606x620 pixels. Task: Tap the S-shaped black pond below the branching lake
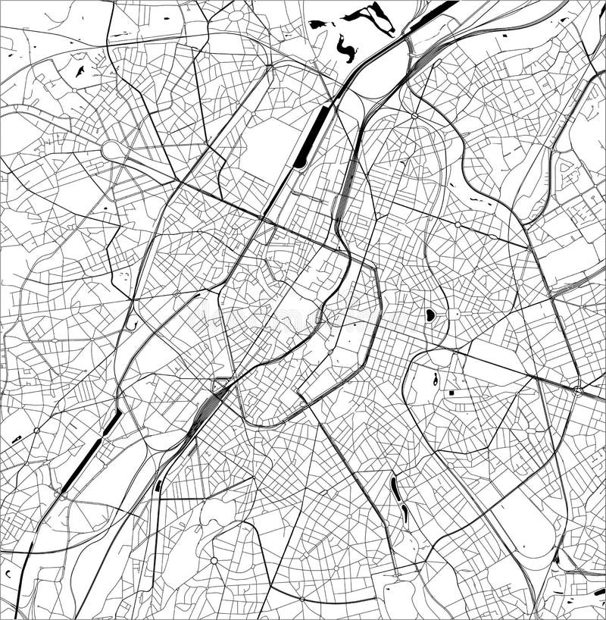(x=347, y=49)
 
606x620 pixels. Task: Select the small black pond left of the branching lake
(x=317, y=24)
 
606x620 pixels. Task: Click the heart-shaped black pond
(x=430, y=314)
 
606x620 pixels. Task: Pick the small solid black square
(x=451, y=393)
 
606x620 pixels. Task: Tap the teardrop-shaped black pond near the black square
(x=436, y=379)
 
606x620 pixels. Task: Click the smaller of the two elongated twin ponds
(x=405, y=514)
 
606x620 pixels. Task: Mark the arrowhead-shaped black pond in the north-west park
(x=79, y=71)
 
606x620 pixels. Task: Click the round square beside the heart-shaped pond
(x=454, y=313)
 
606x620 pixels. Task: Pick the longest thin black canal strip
(x=87, y=455)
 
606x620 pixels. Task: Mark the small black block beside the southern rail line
(x=158, y=485)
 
